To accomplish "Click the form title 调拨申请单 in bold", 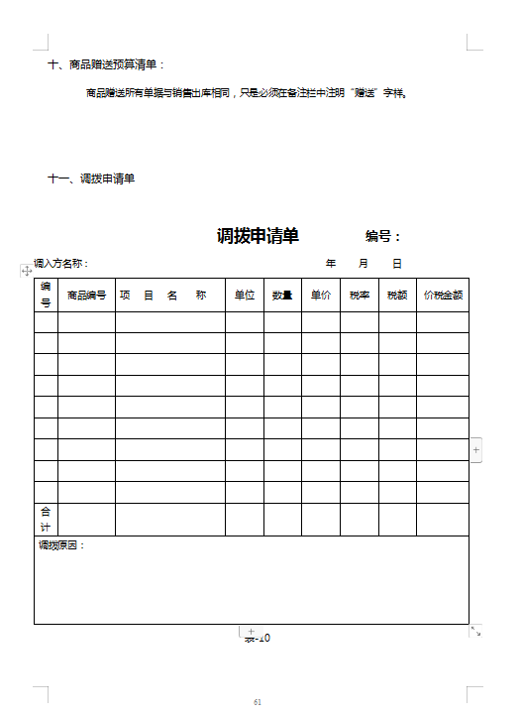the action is tap(258, 236).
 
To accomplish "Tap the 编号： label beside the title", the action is tap(383, 236).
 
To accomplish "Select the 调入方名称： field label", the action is tap(61, 264).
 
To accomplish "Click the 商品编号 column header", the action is tap(86, 296).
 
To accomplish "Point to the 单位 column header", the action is tap(244, 296).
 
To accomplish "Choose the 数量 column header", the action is tap(282, 296).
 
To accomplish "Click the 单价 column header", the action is tap(321, 296).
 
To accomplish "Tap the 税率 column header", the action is tap(360, 296).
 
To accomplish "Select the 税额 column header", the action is tap(397, 296).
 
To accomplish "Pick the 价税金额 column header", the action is tap(443, 296).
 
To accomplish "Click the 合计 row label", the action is tap(46, 520).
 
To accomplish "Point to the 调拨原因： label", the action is tap(61, 545).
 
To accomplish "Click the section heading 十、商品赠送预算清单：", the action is tap(108, 65).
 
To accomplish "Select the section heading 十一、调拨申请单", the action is tap(91, 179).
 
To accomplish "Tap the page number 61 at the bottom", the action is tap(258, 702).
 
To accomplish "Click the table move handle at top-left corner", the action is tap(27, 270).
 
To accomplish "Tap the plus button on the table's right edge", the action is tap(476, 449).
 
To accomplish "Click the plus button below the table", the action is tap(251, 632).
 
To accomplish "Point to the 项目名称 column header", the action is tap(162, 296).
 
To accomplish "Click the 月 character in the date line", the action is tap(364, 264).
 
